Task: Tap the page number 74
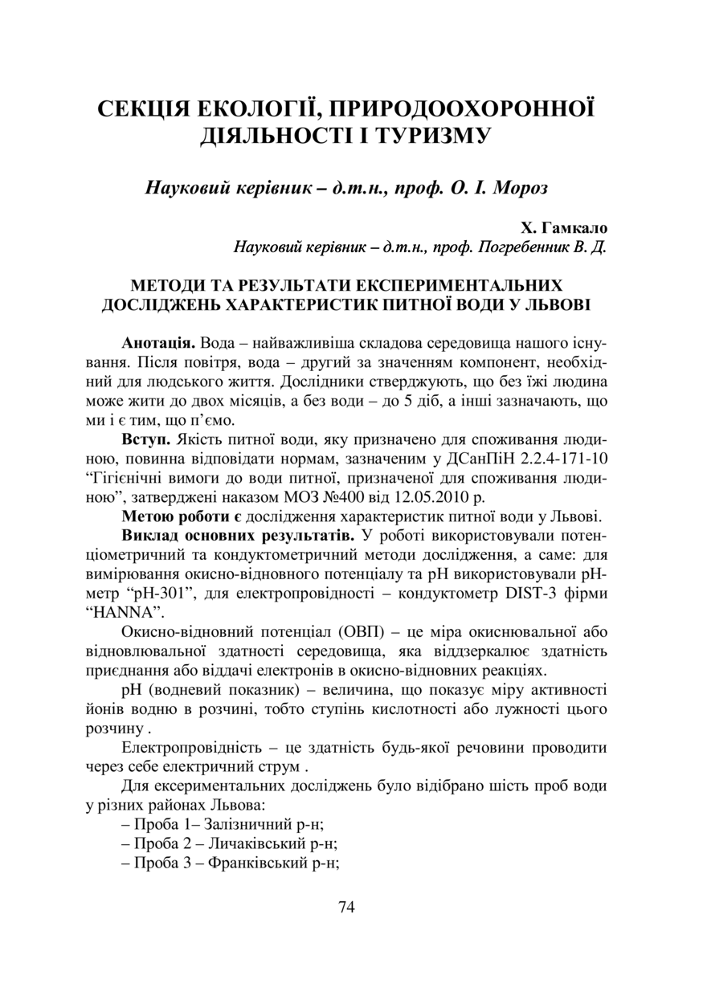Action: (x=347, y=908)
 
